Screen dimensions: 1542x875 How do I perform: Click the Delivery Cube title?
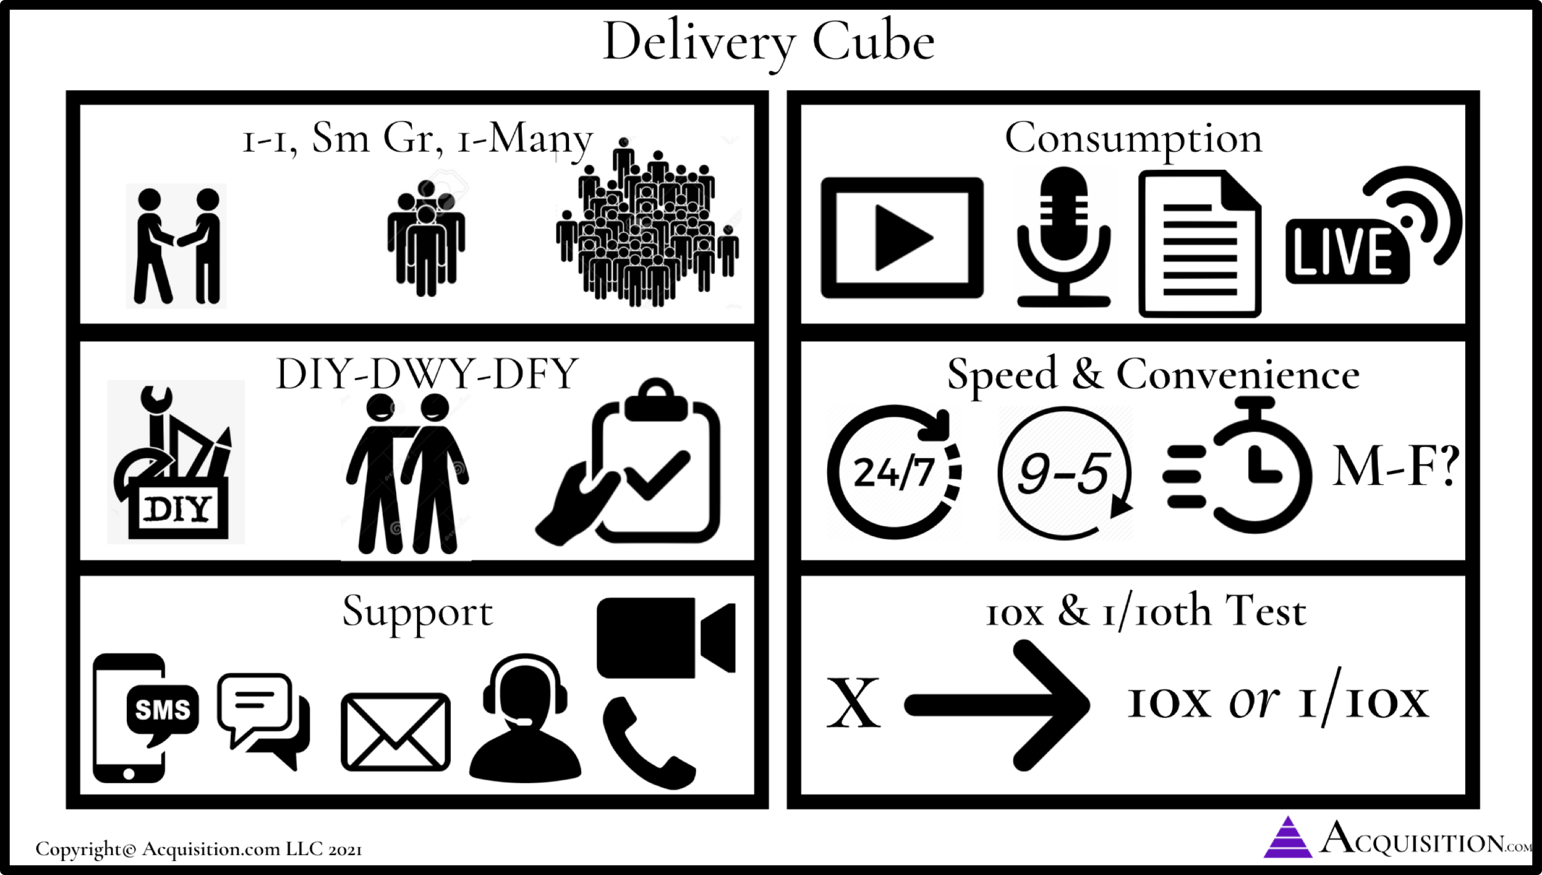click(768, 42)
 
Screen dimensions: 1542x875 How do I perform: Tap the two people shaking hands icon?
click(177, 246)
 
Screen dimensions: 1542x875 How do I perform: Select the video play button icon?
click(902, 237)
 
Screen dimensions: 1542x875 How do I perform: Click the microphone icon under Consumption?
click(1063, 237)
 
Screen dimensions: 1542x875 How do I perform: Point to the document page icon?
click(1200, 244)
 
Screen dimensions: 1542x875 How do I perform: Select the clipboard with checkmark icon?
click(628, 462)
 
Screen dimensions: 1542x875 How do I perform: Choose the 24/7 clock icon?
click(894, 472)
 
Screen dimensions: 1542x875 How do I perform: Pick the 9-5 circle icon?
click(1064, 472)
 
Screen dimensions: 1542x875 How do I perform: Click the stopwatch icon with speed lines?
click(1238, 464)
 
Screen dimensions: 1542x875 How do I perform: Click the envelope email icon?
click(396, 732)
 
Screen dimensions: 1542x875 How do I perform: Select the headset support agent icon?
click(525, 718)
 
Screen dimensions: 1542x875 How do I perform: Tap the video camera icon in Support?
click(666, 638)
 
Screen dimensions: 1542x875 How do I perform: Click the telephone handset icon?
click(648, 743)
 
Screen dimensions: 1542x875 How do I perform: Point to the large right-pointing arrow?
click(997, 705)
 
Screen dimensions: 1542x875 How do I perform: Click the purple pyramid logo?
click(1288, 837)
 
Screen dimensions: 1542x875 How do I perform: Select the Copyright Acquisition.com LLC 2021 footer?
click(199, 849)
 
